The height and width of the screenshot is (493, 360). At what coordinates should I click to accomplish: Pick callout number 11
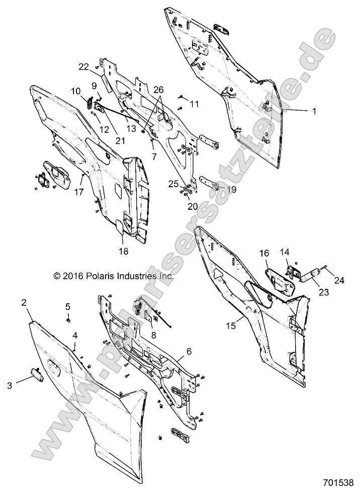pyautogui.click(x=194, y=104)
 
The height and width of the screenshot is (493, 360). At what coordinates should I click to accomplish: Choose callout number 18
pyautogui.click(x=123, y=251)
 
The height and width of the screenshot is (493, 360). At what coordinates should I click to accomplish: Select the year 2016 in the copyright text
pyautogui.click(x=72, y=276)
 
